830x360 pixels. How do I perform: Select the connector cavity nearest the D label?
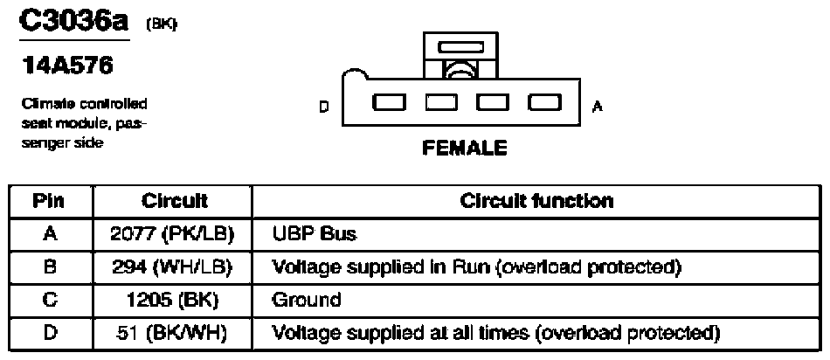point(389,103)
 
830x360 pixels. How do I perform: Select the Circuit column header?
point(172,202)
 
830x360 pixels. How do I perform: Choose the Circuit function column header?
point(536,202)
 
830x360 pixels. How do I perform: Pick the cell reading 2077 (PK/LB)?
point(172,234)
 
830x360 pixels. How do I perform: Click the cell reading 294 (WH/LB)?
point(172,266)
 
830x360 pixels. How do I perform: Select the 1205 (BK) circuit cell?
point(172,299)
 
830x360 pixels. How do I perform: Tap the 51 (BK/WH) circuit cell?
point(172,332)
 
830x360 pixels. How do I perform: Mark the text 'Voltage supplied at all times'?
point(401,332)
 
